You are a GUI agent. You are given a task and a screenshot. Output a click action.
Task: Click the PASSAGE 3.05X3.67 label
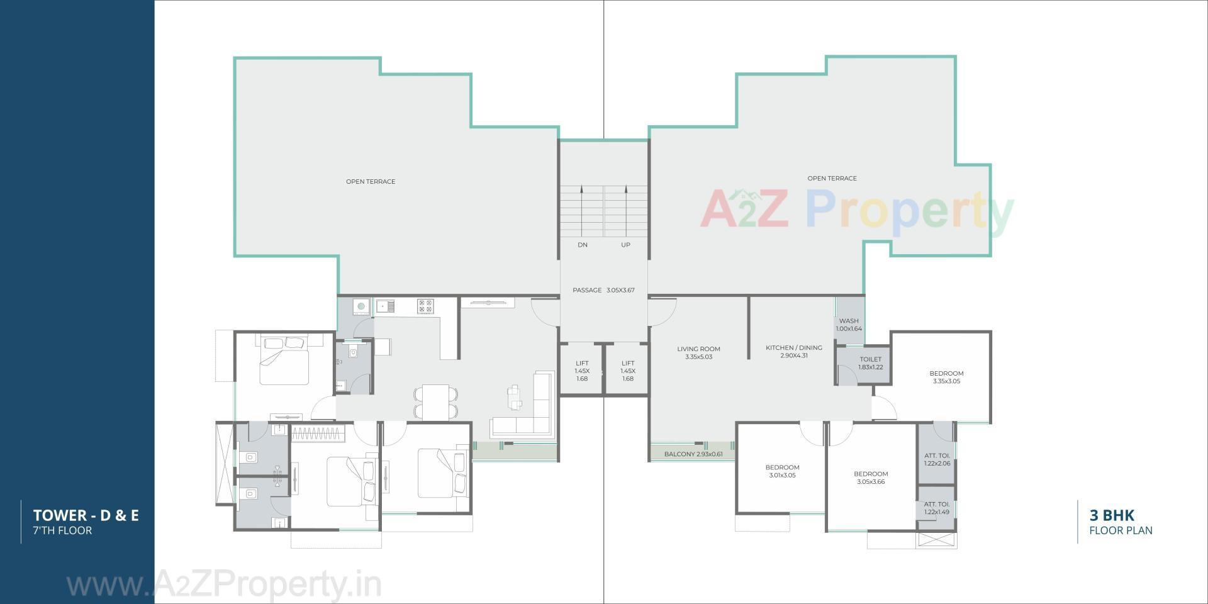(603, 290)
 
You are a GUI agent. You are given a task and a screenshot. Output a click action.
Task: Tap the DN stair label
(582, 245)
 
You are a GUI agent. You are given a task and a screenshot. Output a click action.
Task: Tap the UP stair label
(625, 245)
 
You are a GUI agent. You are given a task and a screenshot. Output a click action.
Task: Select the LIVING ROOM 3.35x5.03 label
(698, 353)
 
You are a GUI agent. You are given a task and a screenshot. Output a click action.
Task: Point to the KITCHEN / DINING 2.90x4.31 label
(793, 352)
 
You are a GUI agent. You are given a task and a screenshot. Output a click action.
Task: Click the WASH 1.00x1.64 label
(848, 325)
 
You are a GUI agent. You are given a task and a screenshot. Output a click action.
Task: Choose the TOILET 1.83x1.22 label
(870, 363)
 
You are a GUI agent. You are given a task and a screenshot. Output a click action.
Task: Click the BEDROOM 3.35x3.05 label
(946, 377)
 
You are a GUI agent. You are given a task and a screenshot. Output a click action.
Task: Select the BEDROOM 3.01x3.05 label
(782, 471)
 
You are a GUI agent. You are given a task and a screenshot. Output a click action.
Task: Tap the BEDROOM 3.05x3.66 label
(870, 478)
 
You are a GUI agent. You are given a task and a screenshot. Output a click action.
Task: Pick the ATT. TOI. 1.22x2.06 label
(936, 459)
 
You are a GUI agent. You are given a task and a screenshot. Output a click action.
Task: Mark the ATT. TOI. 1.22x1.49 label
(936, 508)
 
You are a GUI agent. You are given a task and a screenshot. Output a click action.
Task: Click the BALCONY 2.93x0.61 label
(693, 454)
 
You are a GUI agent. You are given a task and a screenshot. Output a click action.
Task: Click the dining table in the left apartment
(435, 401)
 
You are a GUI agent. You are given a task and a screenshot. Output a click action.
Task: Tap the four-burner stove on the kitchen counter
(425, 306)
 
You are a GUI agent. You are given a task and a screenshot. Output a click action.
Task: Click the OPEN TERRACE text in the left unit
(371, 181)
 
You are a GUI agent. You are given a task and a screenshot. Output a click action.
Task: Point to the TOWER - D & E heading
(86, 516)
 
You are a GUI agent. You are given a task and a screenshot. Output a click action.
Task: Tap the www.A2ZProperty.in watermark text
(223, 585)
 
